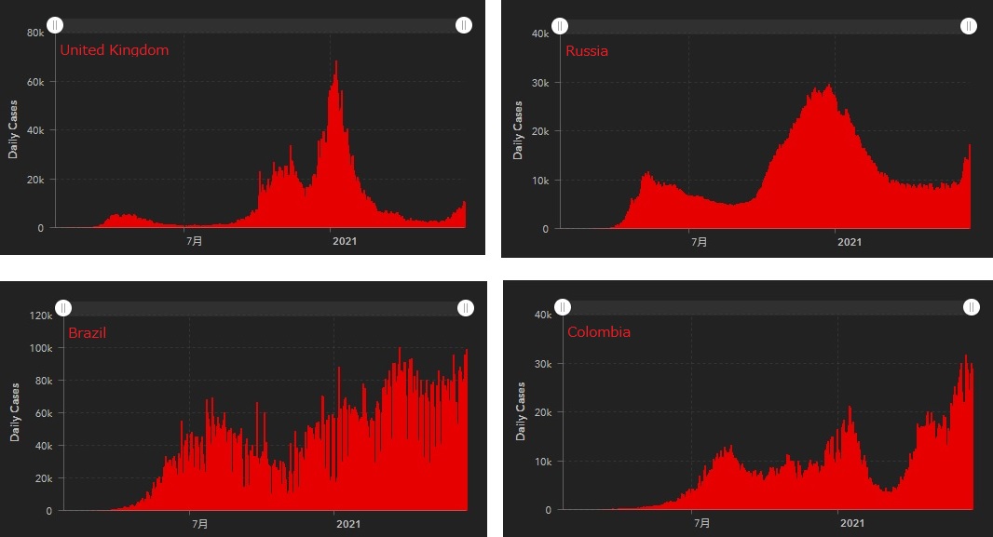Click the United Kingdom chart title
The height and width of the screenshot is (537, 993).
pyautogui.click(x=115, y=50)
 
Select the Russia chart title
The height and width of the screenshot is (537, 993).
pyautogui.click(x=587, y=51)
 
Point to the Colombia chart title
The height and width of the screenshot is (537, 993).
pyautogui.click(x=599, y=332)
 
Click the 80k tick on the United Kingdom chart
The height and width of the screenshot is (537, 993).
pyautogui.click(x=35, y=33)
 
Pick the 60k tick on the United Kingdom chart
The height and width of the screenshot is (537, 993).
pyautogui.click(x=35, y=82)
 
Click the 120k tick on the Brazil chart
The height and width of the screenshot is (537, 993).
pyautogui.click(x=41, y=315)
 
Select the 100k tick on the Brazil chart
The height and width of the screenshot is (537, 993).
pyautogui.click(x=41, y=348)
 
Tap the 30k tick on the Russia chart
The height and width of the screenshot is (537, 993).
pyautogui.click(x=539, y=83)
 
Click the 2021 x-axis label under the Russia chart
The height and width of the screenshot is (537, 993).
pyautogui.click(x=850, y=242)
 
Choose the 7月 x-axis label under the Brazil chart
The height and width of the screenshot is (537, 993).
pyautogui.click(x=200, y=525)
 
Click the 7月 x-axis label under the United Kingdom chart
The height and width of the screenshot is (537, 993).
pyautogui.click(x=194, y=241)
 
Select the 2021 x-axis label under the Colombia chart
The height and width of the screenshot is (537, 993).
pyautogui.click(x=852, y=524)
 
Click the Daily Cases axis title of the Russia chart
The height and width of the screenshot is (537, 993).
pyautogui.click(x=519, y=130)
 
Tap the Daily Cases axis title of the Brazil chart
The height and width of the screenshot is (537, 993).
pyautogui.click(x=15, y=412)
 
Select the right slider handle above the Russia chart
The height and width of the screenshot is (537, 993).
pyautogui.click(x=969, y=26)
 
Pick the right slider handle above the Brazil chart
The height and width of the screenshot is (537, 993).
pyautogui.click(x=465, y=308)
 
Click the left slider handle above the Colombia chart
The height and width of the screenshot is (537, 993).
pyautogui.click(x=563, y=307)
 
